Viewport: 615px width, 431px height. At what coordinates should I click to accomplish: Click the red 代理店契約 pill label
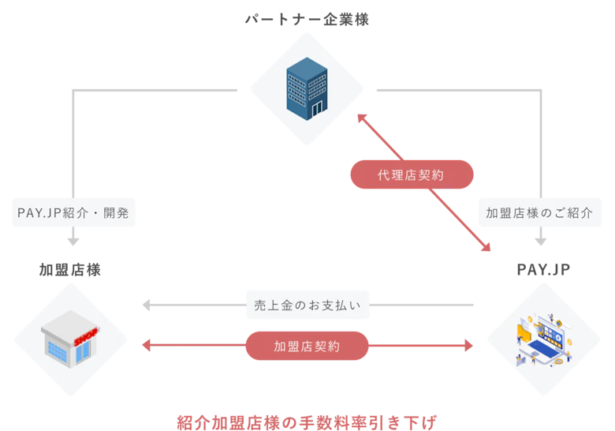pos(412,174)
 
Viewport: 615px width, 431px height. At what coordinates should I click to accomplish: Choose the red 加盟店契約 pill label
pos(307,346)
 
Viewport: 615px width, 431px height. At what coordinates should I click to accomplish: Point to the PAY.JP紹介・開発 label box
pos(73,212)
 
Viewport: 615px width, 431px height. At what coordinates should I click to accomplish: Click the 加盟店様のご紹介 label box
pos(539,212)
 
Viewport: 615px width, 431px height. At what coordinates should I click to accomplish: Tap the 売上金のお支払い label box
pos(308,305)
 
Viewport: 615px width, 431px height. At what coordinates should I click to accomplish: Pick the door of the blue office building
pos(317,107)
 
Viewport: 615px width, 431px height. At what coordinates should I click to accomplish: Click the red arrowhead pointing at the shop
pos(143,346)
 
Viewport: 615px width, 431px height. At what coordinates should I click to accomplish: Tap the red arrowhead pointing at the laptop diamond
pos(471,346)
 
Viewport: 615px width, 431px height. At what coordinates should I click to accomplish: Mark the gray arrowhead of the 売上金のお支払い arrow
pos(144,305)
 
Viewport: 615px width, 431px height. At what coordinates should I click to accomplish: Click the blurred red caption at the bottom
pos(308,421)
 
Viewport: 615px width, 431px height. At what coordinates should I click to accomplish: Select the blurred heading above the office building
pos(306,17)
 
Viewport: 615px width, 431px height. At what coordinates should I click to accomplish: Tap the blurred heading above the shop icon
pos(69,269)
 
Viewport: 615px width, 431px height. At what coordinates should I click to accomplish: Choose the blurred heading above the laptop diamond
pos(545,269)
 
